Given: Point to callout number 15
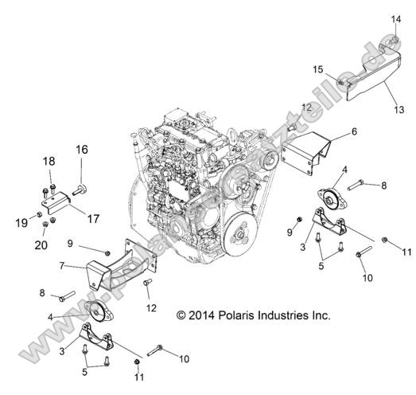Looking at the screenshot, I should pyautogui.click(x=317, y=70).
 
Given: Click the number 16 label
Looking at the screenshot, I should pyautogui.click(x=82, y=149).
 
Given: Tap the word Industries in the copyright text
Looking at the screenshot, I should pyautogui.click(x=286, y=315).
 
